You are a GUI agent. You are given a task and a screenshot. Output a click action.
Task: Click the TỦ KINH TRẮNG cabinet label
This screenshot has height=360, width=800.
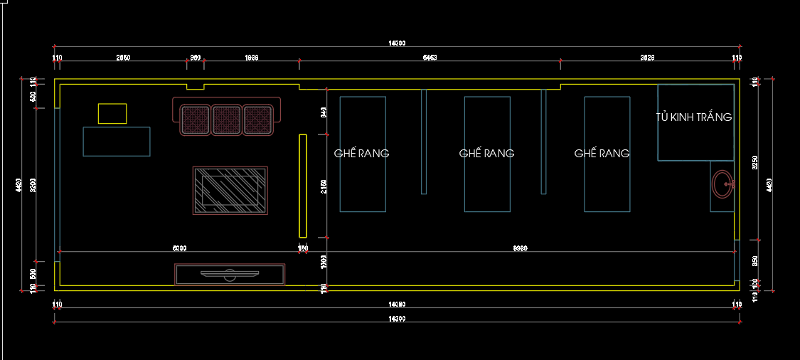point(694,117)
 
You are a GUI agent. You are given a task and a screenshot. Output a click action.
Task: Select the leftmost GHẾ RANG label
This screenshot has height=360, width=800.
point(362,153)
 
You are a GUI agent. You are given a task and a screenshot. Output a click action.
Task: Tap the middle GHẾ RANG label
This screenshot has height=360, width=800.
point(487,153)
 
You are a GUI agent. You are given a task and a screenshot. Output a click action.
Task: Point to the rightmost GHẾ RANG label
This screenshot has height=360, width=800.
point(602,153)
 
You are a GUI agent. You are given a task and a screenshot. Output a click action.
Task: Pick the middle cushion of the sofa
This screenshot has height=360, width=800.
point(227,120)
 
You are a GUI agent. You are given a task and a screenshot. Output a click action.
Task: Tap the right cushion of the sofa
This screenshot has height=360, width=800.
point(259,120)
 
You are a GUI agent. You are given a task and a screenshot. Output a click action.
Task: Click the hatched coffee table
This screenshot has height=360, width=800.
point(230,190)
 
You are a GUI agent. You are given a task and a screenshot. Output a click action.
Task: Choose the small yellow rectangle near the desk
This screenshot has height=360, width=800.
point(112,114)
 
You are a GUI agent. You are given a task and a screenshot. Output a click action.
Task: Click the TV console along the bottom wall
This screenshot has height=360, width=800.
point(230,274)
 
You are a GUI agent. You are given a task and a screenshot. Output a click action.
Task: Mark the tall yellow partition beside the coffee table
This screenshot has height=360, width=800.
point(302,186)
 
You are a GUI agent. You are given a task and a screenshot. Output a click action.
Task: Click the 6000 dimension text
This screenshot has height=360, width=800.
point(180,248)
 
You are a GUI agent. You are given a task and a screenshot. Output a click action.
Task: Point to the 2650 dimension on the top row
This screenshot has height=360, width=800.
point(123,57)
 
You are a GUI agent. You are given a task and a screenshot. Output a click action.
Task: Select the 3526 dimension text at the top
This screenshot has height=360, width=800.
point(647,57)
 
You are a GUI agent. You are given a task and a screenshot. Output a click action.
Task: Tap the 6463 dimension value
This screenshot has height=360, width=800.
point(430,57)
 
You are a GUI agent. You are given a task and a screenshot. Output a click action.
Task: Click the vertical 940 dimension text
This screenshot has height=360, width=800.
point(324,112)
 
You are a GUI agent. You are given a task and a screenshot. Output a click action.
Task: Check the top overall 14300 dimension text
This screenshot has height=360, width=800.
point(397,43)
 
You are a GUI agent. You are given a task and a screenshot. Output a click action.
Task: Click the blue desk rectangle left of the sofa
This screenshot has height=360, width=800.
point(117,141)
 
